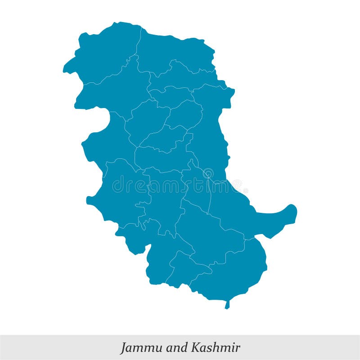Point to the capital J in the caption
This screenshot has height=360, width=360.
click(123, 348)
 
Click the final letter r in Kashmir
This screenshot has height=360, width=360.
click(237, 348)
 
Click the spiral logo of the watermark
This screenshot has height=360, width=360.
click(208, 173)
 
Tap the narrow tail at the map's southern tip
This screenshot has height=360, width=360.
click(227, 305)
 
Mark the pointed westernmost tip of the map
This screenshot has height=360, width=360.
click(65, 70)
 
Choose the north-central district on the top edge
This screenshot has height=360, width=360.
click(173, 49)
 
